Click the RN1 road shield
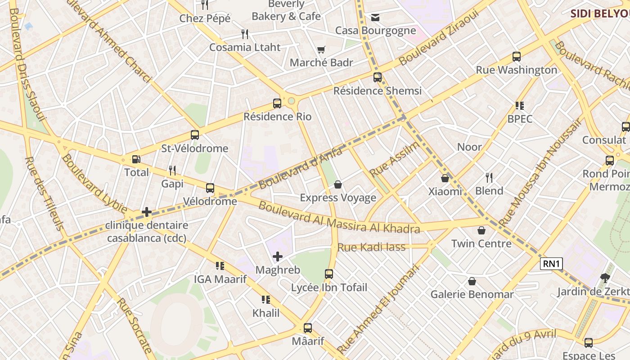coord(551,264)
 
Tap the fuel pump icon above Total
coord(136,159)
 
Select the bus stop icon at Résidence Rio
coord(277,103)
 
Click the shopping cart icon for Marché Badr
coord(321,49)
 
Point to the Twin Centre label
coord(481,243)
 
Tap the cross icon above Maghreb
coord(278,256)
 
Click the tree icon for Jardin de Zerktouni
coord(605,278)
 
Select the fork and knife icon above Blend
coord(489,178)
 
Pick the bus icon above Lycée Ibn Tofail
coord(329,274)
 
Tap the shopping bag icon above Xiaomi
coord(445,178)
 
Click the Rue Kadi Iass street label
coord(371,247)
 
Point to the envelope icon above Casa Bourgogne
coord(375,18)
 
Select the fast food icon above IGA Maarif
coord(220,266)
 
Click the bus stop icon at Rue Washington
coord(517,57)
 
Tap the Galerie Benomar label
coord(472,294)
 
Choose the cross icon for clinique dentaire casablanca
coord(147,212)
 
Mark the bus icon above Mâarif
coord(308,328)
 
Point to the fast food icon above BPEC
coord(520,106)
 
